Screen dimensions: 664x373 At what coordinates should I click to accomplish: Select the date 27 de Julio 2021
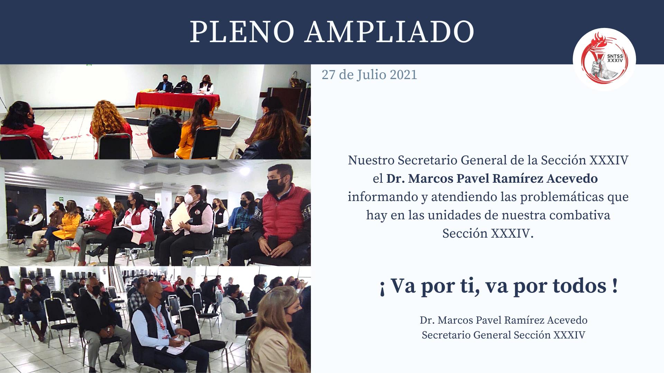tap(369, 75)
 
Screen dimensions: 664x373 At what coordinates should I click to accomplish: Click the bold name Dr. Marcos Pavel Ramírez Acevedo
tap(492, 179)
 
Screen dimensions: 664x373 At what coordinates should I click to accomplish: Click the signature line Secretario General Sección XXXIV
tap(504, 335)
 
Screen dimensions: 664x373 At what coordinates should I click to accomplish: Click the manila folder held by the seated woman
tap(180, 218)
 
